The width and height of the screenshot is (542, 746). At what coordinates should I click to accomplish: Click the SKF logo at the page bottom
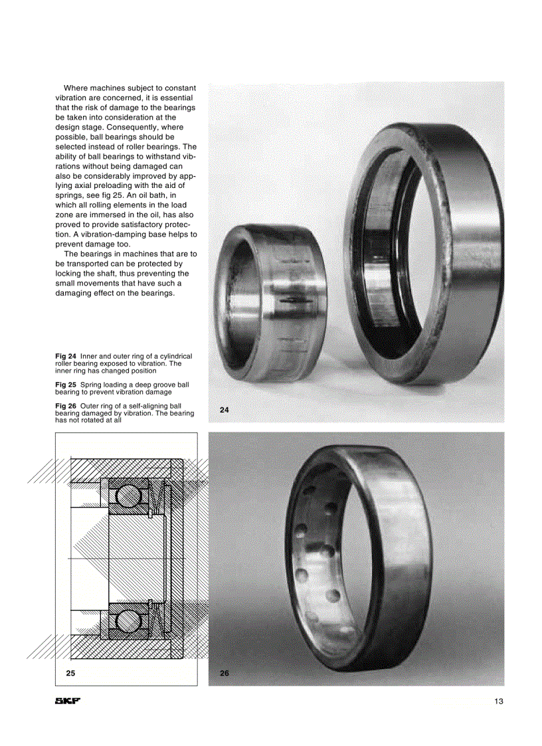coord(67,701)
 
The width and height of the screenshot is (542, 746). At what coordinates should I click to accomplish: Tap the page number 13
coord(499,701)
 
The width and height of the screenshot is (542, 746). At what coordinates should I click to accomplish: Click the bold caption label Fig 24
coord(66,357)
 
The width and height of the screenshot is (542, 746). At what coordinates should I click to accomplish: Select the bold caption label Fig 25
coord(66,385)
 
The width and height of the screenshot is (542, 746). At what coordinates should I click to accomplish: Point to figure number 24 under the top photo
coord(224,410)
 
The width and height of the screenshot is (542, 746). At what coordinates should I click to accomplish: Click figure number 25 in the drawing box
coord(70,673)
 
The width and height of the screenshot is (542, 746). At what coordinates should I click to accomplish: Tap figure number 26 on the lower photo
coord(224,673)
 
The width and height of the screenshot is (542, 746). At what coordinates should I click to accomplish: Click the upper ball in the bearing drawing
coord(126,495)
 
